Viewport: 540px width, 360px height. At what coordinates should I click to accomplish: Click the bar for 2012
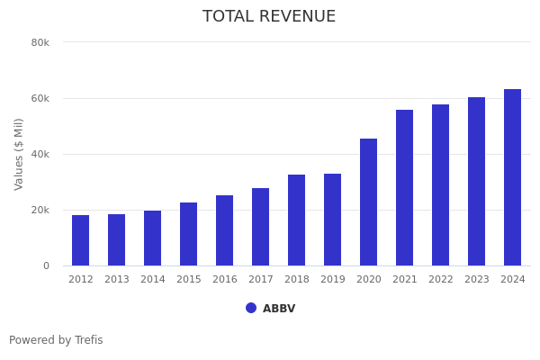(x=81, y=240)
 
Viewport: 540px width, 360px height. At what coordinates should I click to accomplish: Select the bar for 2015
(x=189, y=234)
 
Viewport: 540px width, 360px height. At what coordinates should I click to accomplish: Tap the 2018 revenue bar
(x=297, y=220)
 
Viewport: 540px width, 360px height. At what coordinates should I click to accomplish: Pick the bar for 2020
(x=369, y=202)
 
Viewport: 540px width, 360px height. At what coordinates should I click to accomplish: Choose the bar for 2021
(x=405, y=188)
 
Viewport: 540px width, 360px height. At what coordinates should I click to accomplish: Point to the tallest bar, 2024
(x=513, y=177)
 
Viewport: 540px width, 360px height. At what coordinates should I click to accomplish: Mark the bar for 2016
(x=225, y=230)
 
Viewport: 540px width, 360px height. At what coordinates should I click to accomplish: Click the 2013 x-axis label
(x=117, y=280)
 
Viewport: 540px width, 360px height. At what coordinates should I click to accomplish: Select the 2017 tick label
(x=261, y=280)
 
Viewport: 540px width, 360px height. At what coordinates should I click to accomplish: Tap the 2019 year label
(x=333, y=280)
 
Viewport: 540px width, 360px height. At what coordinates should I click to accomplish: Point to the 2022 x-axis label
(x=441, y=280)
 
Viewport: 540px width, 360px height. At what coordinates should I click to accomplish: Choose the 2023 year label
(x=477, y=280)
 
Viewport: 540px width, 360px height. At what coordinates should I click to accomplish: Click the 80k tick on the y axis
(x=40, y=42)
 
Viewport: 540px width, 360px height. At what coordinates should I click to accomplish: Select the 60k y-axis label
(x=40, y=98)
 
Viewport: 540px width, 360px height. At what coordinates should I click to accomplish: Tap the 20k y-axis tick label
(x=40, y=210)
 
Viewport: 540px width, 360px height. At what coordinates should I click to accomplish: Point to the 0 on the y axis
(x=45, y=265)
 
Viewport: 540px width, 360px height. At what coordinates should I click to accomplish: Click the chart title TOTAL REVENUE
(x=269, y=17)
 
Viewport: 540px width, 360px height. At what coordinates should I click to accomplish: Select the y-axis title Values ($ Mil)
(x=19, y=154)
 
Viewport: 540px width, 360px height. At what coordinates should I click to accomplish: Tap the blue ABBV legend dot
(x=251, y=308)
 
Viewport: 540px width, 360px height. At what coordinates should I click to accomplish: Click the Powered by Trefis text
(x=56, y=340)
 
